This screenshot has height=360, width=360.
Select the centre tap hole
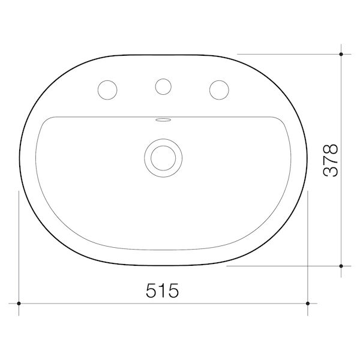pyautogui.click(x=162, y=86)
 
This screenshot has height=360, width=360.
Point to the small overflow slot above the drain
pyautogui.click(x=162, y=120)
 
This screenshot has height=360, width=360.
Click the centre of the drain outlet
pyautogui.click(x=162, y=157)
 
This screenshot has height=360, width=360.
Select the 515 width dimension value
pyautogui.click(x=163, y=290)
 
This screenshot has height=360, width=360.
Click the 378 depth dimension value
pyautogui.click(x=331, y=160)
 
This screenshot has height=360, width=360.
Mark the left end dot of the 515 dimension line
pyautogui.click(x=19, y=304)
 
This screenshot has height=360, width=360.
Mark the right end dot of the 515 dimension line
pyautogui.click(x=308, y=304)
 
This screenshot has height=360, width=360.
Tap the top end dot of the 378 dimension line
pyautogui.click(x=341, y=54)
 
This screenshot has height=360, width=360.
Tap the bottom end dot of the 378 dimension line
pyautogui.click(x=341, y=265)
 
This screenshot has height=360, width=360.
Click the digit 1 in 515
pyautogui.click(x=163, y=290)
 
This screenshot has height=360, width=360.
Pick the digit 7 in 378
pyautogui.click(x=331, y=160)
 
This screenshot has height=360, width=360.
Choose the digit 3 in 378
pyautogui.click(x=331, y=171)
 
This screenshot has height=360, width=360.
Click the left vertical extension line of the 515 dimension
pyautogui.click(x=19, y=252)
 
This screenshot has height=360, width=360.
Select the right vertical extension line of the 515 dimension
pyautogui.click(x=308, y=252)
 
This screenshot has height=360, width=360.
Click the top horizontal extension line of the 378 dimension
pyautogui.click(x=288, y=54)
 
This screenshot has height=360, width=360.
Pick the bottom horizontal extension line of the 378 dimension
pyautogui.click(x=282, y=265)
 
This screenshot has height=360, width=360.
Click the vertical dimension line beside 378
pyautogui.click(x=341, y=108)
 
